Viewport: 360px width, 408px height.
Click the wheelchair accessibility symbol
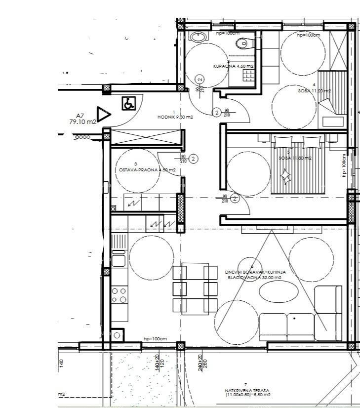pyautogui.click(x=128, y=104)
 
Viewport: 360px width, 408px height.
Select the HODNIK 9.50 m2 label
pyautogui.click(x=175, y=117)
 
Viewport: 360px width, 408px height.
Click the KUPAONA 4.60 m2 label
pyautogui.click(x=233, y=66)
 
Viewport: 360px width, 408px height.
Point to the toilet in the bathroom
pyautogui.click(x=242, y=44)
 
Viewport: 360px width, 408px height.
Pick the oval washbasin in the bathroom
pyautogui.click(x=198, y=36)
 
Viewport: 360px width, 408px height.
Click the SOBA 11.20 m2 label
pyautogui.click(x=314, y=91)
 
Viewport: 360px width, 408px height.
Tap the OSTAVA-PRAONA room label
pyautogui.click(x=147, y=169)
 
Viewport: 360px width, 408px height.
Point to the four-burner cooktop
pyautogui.click(x=119, y=295)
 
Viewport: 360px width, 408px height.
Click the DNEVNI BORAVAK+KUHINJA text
pyautogui.click(x=255, y=272)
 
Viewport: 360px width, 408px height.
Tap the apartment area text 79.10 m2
pyautogui.click(x=82, y=122)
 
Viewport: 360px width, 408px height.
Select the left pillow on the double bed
pyautogui.click(x=284, y=142)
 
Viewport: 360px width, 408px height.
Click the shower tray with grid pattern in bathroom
pyautogui.click(x=248, y=75)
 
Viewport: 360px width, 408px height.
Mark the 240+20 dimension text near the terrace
pyautogui.click(x=200, y=363)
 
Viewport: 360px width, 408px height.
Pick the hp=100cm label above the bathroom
pyautogui.click(x=228, y=33)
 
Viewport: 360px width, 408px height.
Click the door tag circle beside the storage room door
pyautogui.click(x=194, y=159)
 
